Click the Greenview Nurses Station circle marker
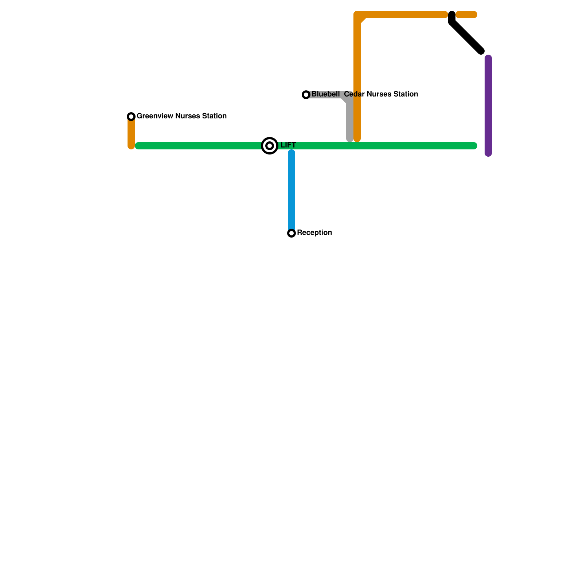[x=131, y=117]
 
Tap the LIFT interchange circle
[x=270, y=146]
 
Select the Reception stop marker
[x=291, y=233]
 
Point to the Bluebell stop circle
[x=306, y=95]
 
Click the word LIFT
[x=288, y=145]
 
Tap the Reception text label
[x=314, y=233]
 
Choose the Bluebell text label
[x=325, y=94]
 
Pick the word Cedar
[x=354, y=94]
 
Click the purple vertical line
[x=488, y=106]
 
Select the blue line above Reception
[x=291, y=189]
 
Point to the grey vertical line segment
[x=350, y=120]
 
